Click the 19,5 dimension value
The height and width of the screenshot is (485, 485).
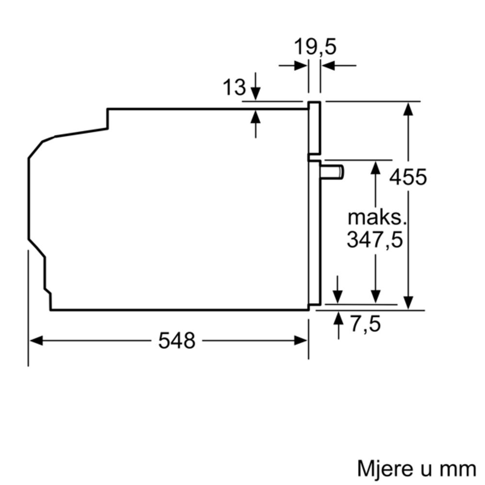click(x=315, y=48)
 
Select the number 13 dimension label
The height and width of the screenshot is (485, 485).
click(x=234, y=87)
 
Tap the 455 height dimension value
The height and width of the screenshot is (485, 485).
click(x=408, y=177)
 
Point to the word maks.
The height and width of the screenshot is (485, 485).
click(x=376, y=218)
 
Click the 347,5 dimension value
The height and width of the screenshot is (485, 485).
click(x=375, y=240)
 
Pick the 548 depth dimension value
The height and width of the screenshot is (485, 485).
click(x=177, y=341)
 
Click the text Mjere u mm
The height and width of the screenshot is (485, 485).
click(x=417, y=469)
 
